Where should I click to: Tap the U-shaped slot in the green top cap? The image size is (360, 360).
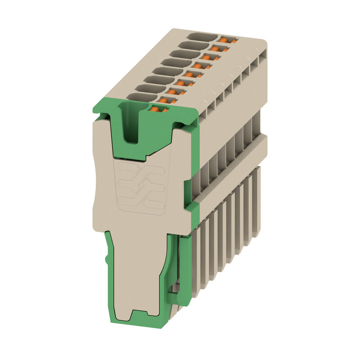click(130, 126)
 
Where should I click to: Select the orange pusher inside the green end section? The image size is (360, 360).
click(156, 108)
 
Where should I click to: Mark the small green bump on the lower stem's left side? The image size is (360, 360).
click(107, 260)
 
